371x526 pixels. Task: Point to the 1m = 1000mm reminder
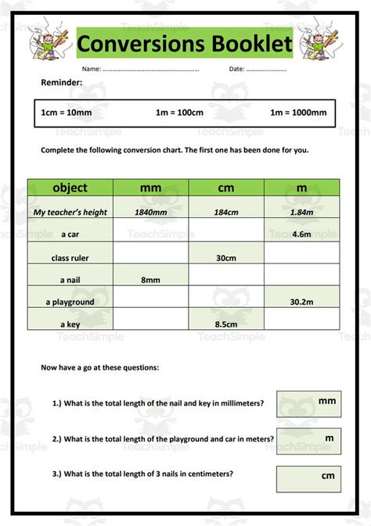298,113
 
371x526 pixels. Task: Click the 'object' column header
70,188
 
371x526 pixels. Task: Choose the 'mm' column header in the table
150,188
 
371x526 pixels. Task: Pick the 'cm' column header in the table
225,188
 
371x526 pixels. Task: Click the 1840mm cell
150,212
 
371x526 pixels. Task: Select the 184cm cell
225,212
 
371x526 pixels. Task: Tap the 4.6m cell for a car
301,234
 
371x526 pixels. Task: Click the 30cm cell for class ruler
226,257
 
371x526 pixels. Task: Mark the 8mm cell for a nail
150,279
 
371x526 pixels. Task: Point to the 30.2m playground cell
301,302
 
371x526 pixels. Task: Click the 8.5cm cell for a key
226,323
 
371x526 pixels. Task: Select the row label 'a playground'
70,302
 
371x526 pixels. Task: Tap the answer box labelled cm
308,478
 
